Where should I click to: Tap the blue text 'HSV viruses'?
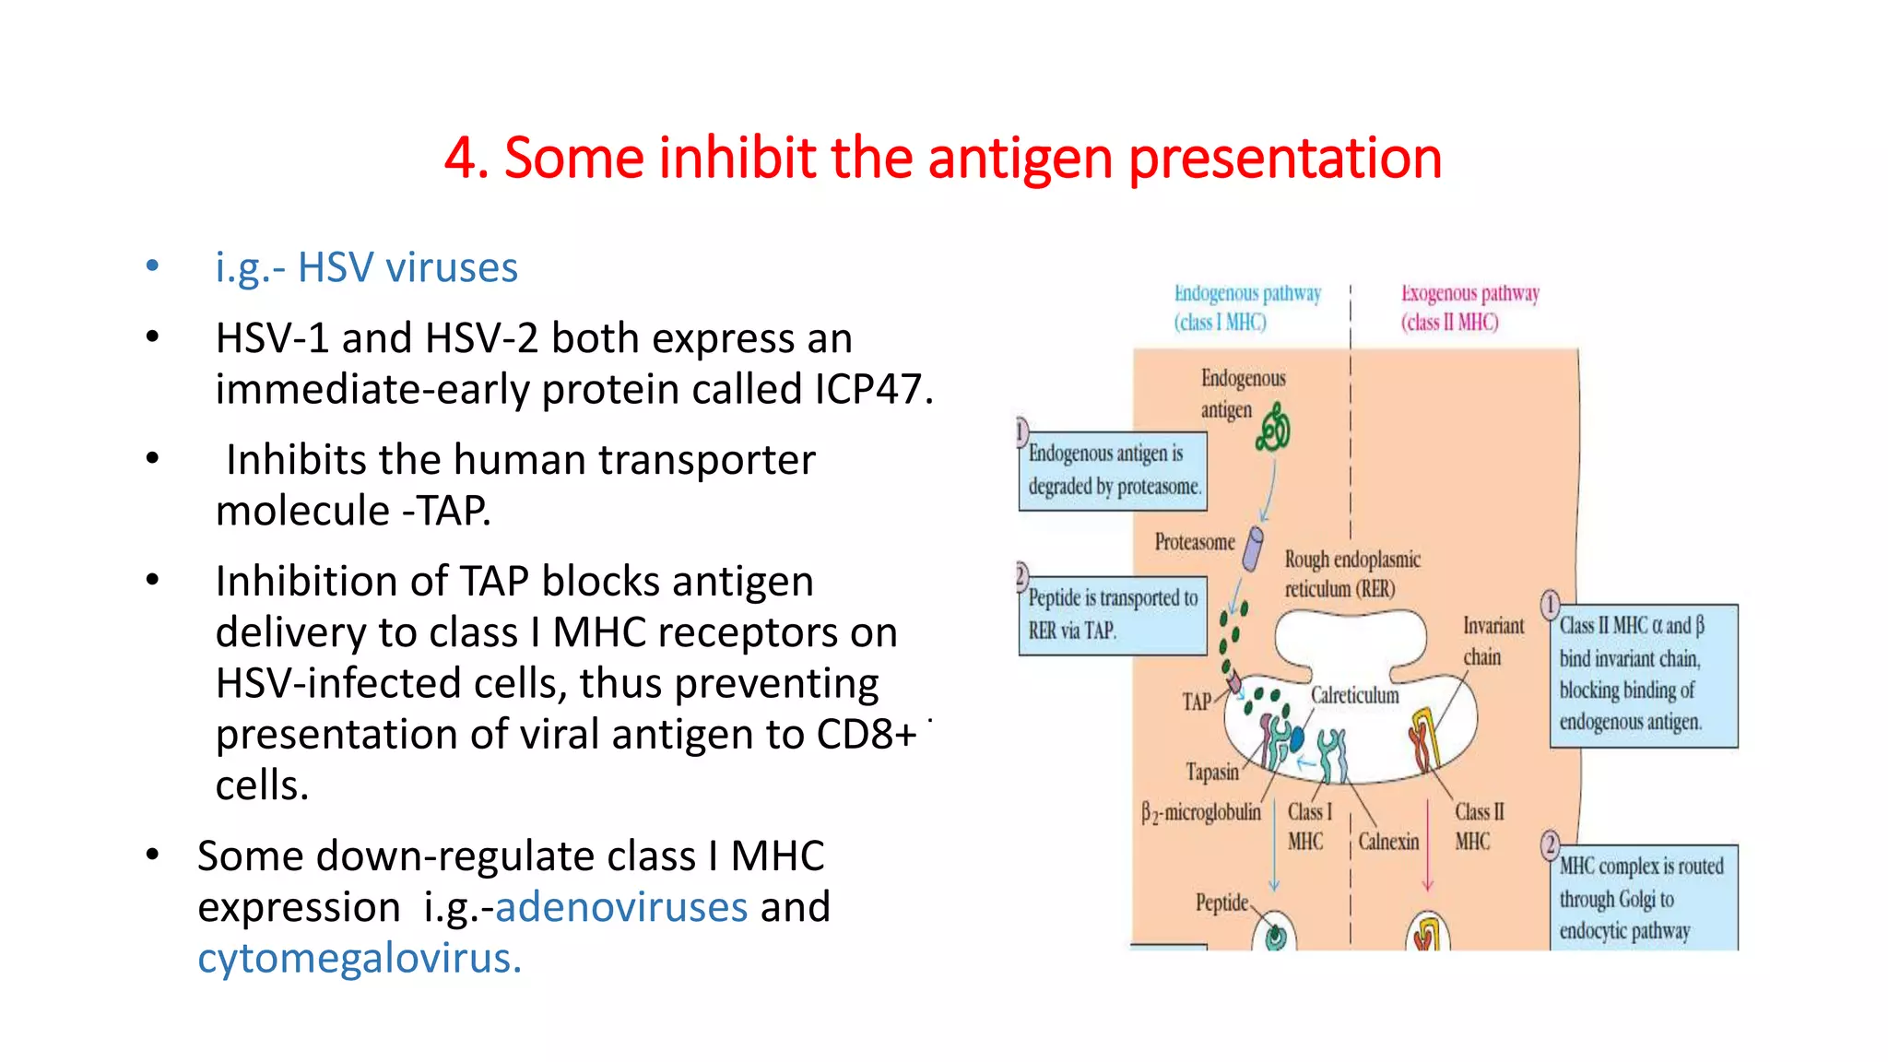(407, 267)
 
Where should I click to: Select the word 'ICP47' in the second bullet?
(867, 389)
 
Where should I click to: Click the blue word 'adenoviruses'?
(620, 907)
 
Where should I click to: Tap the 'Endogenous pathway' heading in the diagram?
(1246, 294)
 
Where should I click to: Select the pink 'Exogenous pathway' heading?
(1469, 294)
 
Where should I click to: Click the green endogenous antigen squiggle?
(1273, 427)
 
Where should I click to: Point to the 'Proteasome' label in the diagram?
(1194, 542)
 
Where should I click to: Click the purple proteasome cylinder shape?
(1253, 549)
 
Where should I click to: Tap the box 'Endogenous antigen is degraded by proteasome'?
(1113, 470)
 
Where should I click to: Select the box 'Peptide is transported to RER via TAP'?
(1113, 614)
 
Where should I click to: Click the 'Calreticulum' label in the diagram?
(1354, 695)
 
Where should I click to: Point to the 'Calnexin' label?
(1388, 842)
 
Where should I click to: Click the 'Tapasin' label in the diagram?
(1211, 772)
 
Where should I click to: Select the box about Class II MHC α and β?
(1643, 675)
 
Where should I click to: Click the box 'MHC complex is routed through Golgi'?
(1643, 898)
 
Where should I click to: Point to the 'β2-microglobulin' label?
(1200, 812)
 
